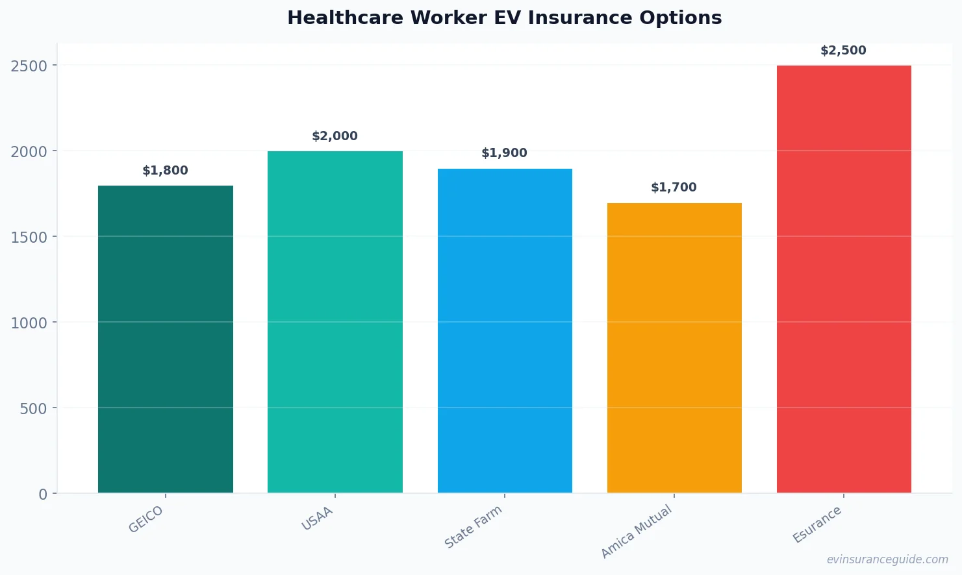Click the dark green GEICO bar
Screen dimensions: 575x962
click(x=166, y=339)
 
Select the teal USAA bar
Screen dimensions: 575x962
click(x=335, y=322)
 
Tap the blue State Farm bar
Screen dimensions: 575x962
click(x=505, y=331)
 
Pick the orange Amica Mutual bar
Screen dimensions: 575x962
click(x=674, y=348)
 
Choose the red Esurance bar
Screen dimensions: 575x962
click(x=844, y=279)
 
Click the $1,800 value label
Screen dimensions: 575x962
click(x=166, y=171)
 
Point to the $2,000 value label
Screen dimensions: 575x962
click(x=335, y=136)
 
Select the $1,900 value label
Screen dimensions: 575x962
click(x=505, y=153)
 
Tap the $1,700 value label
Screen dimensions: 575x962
click(x=674, y=188)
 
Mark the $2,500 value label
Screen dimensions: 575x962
click(x=844, y=51)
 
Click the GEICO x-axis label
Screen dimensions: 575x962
click(x=146, y=519)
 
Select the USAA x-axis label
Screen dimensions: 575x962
click(x=318, y=519)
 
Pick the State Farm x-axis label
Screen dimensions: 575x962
click(x=474, y=526)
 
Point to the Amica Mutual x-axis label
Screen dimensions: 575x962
click(x=637, y=532)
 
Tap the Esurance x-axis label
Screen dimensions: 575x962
click(x=817, y=524)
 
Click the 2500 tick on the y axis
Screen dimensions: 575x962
click(x=29, y=66)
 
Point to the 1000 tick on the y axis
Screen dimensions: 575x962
click(x=29, y=323)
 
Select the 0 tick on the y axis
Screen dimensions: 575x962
click(x=43, y=495)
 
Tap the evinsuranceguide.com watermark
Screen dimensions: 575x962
click(x=887, y=559)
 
